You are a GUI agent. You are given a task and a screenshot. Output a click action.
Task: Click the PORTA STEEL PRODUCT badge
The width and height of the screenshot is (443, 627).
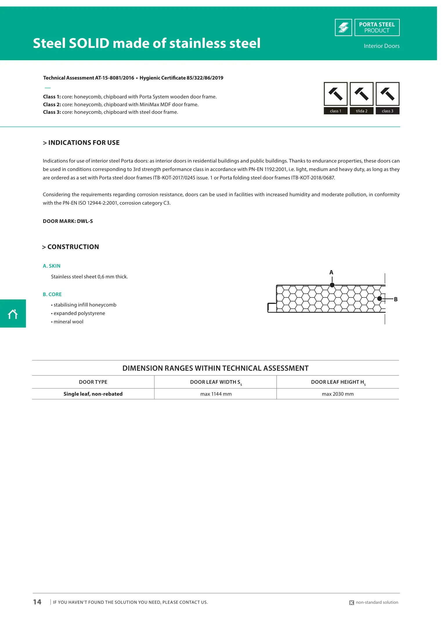[377, 28]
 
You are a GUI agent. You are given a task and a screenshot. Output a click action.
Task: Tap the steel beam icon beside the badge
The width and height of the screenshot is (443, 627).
[343, 28]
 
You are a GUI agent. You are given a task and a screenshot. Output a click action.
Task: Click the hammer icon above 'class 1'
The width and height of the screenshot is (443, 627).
[335, 94]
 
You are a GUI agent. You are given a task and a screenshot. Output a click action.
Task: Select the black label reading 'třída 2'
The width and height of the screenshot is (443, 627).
[361, 111]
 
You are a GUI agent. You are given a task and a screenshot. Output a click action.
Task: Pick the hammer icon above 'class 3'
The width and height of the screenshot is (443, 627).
[387, 94]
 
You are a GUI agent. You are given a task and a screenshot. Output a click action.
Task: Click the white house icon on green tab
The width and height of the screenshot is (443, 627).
[13, 314]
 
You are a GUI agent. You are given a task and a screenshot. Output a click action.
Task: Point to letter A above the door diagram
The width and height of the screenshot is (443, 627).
[331, 273]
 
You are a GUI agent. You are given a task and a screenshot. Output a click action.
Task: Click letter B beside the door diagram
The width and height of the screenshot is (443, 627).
[396, 299]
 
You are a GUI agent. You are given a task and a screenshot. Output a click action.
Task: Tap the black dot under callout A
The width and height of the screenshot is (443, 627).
[332, 285]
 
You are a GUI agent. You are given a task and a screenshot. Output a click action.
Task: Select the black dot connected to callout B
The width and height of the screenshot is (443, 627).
[379, 299]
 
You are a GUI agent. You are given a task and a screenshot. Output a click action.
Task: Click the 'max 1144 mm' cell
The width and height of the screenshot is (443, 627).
[216, 394]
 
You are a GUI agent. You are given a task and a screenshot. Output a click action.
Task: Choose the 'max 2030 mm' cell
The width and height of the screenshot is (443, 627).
[338, 394]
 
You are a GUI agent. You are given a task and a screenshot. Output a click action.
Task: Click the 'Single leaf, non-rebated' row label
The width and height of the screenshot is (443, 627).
[93, 394]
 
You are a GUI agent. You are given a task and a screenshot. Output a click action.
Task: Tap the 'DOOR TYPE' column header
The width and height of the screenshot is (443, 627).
[93, 382]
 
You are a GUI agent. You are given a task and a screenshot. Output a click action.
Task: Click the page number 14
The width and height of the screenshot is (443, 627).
[37, 602]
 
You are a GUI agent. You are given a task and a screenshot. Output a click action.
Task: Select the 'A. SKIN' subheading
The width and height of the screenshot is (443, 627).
[52, 266]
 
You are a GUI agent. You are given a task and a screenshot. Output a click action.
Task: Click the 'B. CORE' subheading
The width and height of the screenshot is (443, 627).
[52, 294]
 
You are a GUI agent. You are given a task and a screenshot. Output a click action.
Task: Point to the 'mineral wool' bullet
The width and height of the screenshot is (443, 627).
[68, 322]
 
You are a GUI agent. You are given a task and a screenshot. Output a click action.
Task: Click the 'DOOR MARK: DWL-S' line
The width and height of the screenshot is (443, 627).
[68, 221]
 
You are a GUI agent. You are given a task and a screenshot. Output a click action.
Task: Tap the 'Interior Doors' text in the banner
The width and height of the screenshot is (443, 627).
[381, 46]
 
